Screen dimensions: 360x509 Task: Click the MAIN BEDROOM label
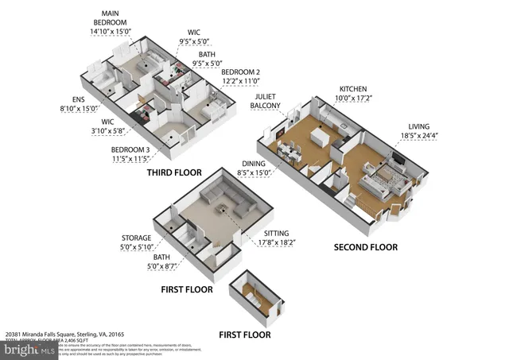pyautogui.click(x=109, y=18)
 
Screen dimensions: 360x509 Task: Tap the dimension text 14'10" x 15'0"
pyautogui.click(x=109, y=31)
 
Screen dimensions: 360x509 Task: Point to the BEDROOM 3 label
pyautogui.click(x=131, y=149)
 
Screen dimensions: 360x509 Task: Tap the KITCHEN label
pyautogui.click(x=353, y=89)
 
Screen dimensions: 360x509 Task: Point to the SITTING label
pyautogui.click(x=277, y=233)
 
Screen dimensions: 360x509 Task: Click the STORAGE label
pyautogui.click(x=137, y=237)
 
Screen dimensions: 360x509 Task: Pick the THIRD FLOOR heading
pyautogui.click(x=173, y=172)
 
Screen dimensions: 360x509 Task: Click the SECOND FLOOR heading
pyautogui.click(x=366, y=247)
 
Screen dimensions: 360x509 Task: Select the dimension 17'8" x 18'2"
pyautogui.click(x=277, y=242)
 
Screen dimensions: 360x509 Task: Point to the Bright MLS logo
pyautogui.click(x=29, y=347)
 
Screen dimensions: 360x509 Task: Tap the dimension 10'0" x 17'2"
pyautogui.click(x=353, y=99)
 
